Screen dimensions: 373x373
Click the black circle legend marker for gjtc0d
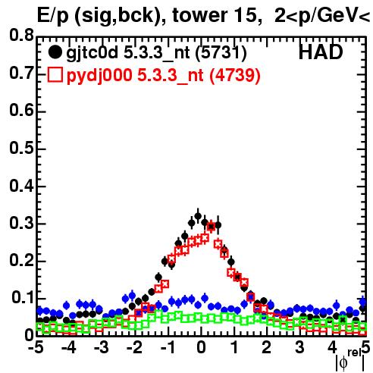(55, 52)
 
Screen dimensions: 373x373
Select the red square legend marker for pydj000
(55, 74)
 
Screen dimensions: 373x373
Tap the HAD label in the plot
(321, 52)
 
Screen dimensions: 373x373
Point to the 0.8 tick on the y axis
(22, 36)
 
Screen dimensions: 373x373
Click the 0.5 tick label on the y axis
(22, 148)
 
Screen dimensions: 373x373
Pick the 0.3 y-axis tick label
(22, 223)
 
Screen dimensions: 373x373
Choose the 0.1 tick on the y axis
(23, 298)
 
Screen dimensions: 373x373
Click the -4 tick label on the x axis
(69, 348)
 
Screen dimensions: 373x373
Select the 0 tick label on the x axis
(201, 348)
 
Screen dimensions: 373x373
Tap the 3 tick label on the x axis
(299, 348)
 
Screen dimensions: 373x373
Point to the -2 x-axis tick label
(135, 348)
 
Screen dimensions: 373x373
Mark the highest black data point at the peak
(198, 216)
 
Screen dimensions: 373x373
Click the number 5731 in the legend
(221, 53)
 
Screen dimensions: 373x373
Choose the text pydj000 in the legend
(99, 76)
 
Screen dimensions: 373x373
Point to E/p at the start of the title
(52, 17)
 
